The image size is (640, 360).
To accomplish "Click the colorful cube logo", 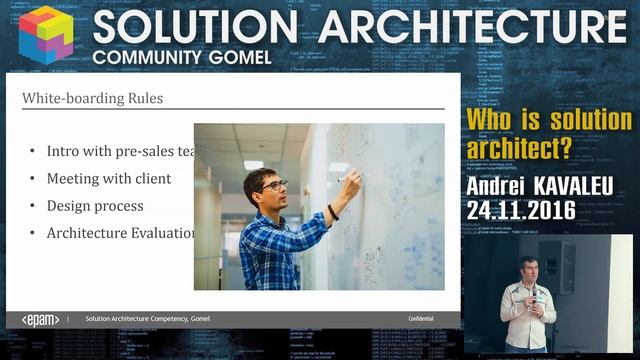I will (46, 33).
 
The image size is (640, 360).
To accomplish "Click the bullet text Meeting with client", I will (108, 179).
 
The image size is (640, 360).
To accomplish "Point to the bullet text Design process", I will (94, 206).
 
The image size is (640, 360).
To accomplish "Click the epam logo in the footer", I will (39, 319).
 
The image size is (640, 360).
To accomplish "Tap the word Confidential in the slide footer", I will (420, 319).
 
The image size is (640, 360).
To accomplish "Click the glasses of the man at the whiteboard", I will (274, 186).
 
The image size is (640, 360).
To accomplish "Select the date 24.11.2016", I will (520, 210).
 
